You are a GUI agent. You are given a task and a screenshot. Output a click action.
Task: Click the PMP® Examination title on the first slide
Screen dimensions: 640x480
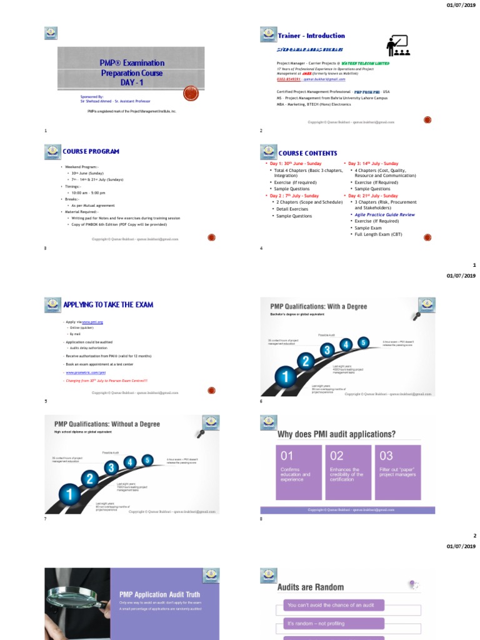click(132, 63)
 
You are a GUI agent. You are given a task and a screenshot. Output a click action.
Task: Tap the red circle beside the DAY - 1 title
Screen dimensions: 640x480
click(191, 93)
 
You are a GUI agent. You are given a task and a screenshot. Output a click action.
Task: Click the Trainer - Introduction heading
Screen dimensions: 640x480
click(311, 36)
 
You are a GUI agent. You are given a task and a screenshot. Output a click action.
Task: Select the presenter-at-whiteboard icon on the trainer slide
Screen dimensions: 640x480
click(397, 46)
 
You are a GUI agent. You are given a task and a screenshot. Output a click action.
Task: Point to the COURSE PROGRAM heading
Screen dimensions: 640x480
click(91, 152)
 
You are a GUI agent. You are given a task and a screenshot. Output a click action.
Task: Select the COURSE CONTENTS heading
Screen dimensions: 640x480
click(307, 153)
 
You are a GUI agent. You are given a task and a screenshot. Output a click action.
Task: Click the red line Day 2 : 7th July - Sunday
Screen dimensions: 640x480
click(294, 196)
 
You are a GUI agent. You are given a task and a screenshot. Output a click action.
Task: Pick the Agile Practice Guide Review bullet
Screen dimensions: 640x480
click(384, 214)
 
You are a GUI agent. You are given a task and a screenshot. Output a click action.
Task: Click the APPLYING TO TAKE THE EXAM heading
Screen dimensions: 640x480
click(107, 305)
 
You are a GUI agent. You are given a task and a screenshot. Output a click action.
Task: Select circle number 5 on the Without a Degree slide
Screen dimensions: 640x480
click(147, 461)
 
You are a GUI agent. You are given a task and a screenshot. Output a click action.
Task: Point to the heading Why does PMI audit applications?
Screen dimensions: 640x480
click(336, 434)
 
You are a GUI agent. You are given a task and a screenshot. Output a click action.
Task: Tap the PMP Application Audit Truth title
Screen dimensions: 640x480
click(156, 594)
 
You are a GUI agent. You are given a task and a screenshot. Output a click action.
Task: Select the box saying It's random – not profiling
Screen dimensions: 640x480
click(329, 623)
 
